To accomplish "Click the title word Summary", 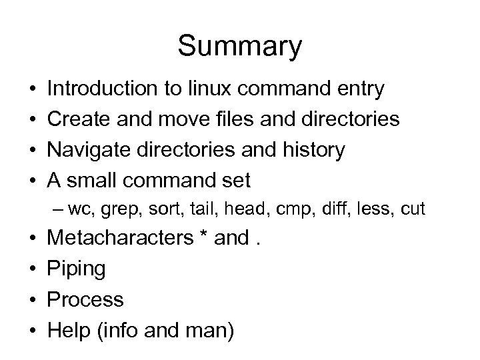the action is click(240, 47).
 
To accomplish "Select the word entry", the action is click(360, 88).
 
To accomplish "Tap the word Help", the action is click(70, 330).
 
